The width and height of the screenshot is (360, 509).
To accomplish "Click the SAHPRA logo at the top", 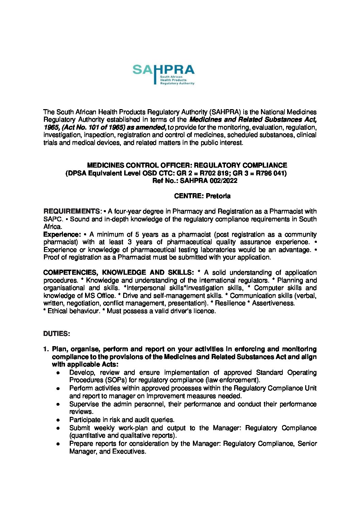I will point(164,75).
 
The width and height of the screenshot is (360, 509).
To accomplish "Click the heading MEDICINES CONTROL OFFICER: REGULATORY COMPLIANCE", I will point(187,166).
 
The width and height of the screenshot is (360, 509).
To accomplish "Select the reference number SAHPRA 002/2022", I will point(209,181).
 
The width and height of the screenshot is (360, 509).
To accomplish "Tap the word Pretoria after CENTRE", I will point(218,196).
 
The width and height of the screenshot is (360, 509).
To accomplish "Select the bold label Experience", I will point(61,235).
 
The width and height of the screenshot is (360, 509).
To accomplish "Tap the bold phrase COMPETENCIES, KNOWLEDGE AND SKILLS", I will point(119,273).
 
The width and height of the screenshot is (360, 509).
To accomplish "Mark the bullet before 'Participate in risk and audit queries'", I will point(59,420).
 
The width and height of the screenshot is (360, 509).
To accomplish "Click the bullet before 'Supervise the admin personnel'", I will point(59,405).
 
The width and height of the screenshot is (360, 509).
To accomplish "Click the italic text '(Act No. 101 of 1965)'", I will point(92,128).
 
